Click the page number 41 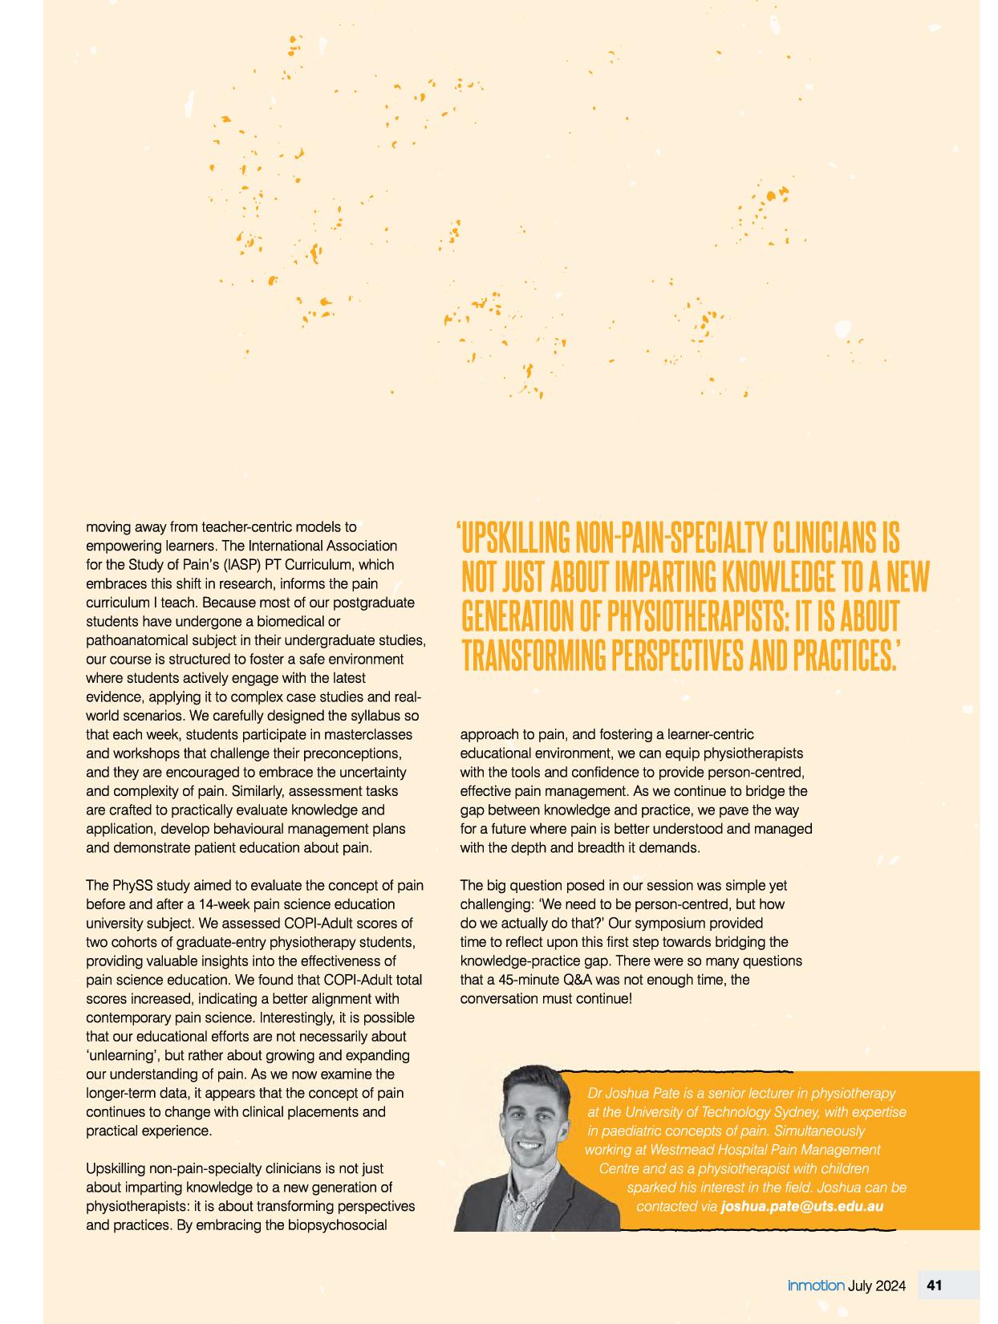(x=934, y=1285)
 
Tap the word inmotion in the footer (x=815, y=1285)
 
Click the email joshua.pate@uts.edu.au (x=802, y=1206)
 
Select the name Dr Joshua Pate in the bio (x=629, y=1093)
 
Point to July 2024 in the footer (x=877, y=1285)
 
